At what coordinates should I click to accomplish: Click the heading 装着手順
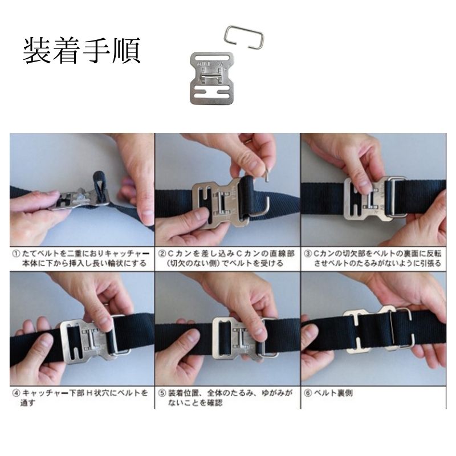pos(82,50)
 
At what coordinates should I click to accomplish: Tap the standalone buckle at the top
pos(213,78)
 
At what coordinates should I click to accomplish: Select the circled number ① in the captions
pos(16,254)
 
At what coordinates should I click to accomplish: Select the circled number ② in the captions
pos(162,254)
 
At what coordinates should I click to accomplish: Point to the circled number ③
pos(308,254)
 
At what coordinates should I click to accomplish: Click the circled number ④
pos(16,393)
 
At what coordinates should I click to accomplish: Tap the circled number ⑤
pos(162,393)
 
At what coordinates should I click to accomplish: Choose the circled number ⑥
pos(308,393)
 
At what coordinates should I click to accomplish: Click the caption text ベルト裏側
pos(333,393)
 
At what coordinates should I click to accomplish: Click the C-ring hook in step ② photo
pos(263,201)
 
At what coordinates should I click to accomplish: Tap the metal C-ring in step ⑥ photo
pos(403,328)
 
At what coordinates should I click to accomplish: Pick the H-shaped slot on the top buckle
pos(213,92)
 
